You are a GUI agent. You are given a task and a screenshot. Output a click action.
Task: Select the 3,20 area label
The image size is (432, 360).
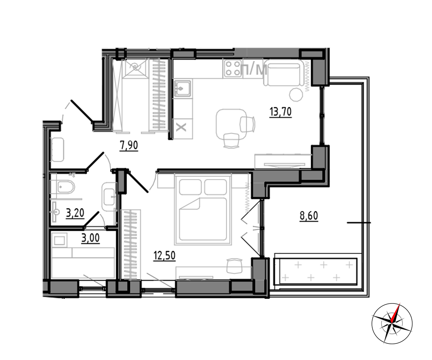click(75, 213)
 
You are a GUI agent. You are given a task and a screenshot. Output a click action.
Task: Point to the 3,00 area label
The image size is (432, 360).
click(90, 238)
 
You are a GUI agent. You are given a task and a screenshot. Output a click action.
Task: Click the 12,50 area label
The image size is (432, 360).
click(165, 256)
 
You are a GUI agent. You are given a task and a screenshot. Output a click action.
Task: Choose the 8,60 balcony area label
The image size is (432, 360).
click(309, 216)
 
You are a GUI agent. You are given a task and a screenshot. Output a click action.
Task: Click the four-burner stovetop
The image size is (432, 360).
click(232, 68)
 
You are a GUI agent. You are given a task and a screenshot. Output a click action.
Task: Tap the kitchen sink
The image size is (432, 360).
click(182, 89)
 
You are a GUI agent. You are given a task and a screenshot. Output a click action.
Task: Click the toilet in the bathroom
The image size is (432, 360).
click(63, 187)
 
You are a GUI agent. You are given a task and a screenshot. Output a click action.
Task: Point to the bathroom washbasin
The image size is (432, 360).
click(109, 197)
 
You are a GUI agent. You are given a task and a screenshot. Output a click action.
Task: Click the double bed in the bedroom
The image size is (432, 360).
click(203, 209)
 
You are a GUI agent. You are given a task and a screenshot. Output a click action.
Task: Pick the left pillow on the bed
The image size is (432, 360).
click(190, 187)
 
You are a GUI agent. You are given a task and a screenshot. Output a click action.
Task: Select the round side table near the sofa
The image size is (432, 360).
click(296, 95)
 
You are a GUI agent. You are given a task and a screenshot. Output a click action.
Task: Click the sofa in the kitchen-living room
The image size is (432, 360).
click(284, 73)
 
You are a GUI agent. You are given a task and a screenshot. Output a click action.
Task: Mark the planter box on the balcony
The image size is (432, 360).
click(315, 271)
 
